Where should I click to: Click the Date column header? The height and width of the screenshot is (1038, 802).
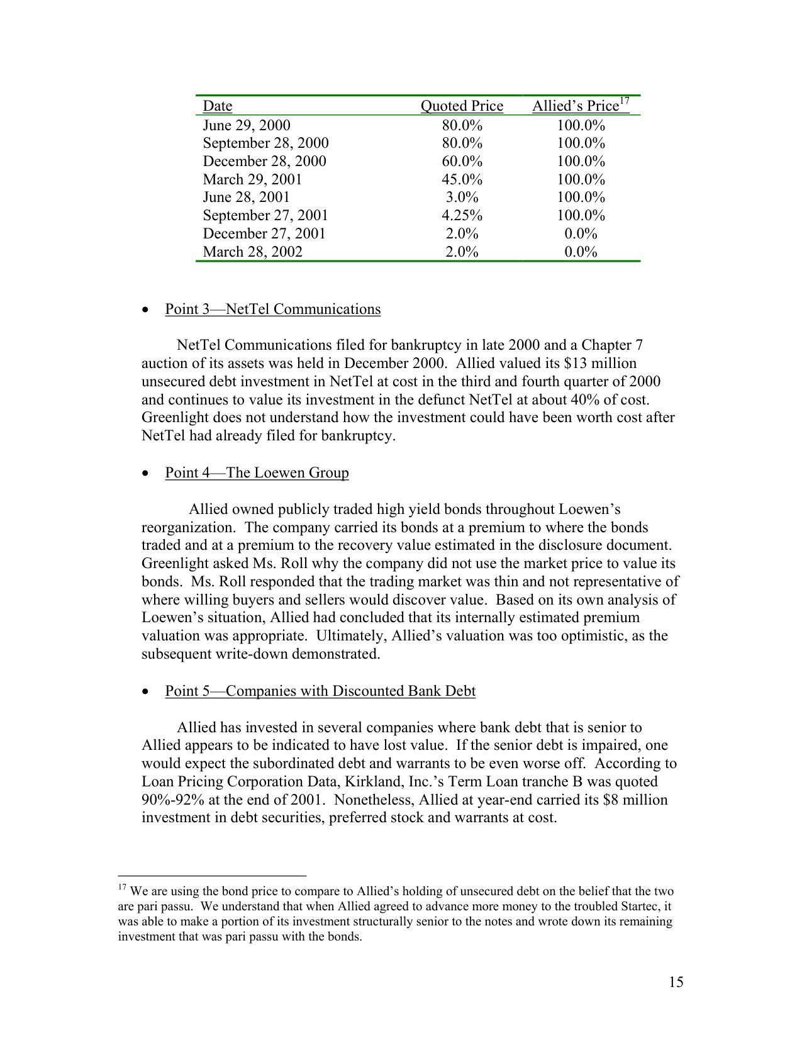click(217, 106)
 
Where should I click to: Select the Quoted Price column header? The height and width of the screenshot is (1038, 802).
click(462, 106)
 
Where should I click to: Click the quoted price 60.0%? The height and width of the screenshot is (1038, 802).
click(462, 161)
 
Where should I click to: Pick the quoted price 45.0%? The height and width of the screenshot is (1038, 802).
click(462, 179)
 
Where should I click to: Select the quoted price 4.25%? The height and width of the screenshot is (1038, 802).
click(462, 215)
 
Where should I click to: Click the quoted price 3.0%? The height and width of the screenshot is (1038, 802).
click(462, 197)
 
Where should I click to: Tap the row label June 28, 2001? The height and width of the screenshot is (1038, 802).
click(246, 197)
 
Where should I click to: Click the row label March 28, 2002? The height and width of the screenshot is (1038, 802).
click(252, 252)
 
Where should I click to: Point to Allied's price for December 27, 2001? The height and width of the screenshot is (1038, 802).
click(580, 233)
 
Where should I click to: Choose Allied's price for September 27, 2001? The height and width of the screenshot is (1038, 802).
click(580, 215)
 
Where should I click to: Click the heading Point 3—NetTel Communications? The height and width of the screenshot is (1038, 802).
click(272, 309)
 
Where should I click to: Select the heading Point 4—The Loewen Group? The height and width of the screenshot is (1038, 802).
click(257, 472)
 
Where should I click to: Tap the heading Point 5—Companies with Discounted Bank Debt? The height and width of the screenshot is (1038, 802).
click(320, 691)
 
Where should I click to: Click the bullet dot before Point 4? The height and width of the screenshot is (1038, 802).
click(146, 474)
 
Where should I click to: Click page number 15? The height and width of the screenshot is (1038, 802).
click(676, 982)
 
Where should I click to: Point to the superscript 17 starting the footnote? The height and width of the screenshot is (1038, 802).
click(122, 888)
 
